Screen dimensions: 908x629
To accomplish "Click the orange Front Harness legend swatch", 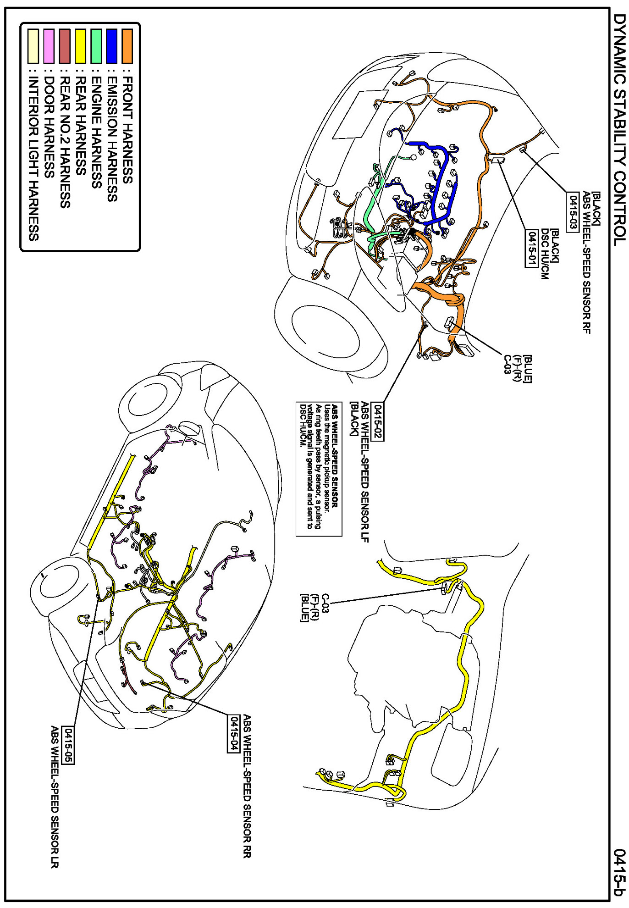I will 127,46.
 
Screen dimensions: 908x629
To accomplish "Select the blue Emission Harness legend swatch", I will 111,46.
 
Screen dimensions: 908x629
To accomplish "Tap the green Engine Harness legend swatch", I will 96,46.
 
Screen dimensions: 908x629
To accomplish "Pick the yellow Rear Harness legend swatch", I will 80,46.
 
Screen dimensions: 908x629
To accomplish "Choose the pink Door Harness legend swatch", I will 49,46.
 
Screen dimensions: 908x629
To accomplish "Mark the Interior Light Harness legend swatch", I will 33,46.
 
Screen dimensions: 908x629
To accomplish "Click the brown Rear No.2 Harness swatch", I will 65,46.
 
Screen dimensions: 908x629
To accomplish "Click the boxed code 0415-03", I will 572,212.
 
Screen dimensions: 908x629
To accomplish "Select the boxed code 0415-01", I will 531,248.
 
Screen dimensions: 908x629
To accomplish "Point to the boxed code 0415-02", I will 377,421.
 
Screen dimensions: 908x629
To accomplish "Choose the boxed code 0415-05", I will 68,745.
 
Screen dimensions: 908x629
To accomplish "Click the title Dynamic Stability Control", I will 619,128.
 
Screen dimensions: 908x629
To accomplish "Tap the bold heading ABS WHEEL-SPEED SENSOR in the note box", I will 335,455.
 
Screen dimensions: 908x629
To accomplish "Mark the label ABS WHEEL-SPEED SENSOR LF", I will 365,472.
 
